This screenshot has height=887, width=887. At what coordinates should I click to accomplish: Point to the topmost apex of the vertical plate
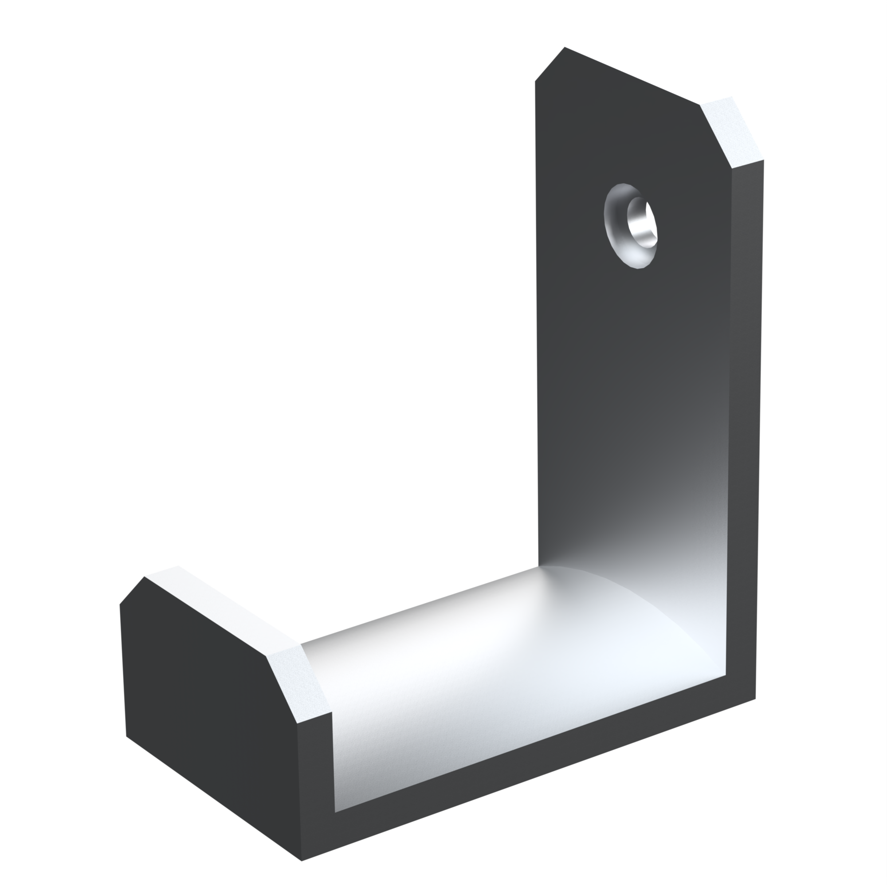click(564, 47)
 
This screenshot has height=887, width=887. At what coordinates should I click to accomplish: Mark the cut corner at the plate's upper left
click(549, 64)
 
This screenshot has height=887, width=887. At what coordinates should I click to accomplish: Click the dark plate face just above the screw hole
click(629, 156)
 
